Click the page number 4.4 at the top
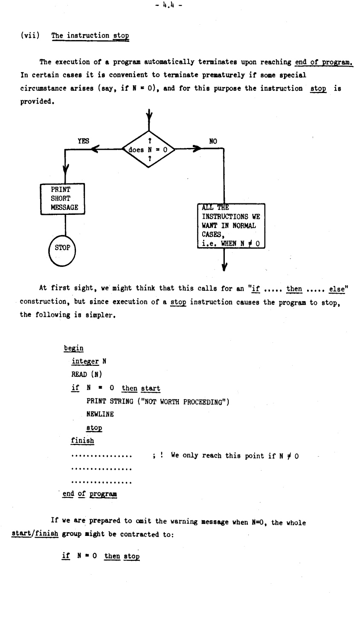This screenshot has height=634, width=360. (168, 5)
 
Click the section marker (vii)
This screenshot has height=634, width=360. (30, 35)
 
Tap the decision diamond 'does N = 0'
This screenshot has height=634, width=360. (148, 149)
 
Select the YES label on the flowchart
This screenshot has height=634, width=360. (83, 141)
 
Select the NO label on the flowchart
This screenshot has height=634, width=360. (213, 141)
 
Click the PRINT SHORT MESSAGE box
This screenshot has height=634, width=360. (63, 199)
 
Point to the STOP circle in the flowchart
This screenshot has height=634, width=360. (62, 251)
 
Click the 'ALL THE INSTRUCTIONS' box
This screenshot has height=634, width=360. (231, 226)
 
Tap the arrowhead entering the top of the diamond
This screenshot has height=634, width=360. (149, 116)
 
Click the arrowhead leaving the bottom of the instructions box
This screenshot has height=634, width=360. (224, 266)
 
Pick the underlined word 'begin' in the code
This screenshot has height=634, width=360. (74, 348)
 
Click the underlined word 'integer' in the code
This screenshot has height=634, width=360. (85, 362)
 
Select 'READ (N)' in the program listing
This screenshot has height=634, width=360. (87, 374)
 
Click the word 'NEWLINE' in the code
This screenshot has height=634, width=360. (100, 414)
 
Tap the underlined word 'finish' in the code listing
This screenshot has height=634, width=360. (82, 441)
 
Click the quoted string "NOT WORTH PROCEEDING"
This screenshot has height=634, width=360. (183, 402)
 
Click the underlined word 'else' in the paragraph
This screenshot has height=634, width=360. (337, 289)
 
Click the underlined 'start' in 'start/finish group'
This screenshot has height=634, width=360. (21, 534)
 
